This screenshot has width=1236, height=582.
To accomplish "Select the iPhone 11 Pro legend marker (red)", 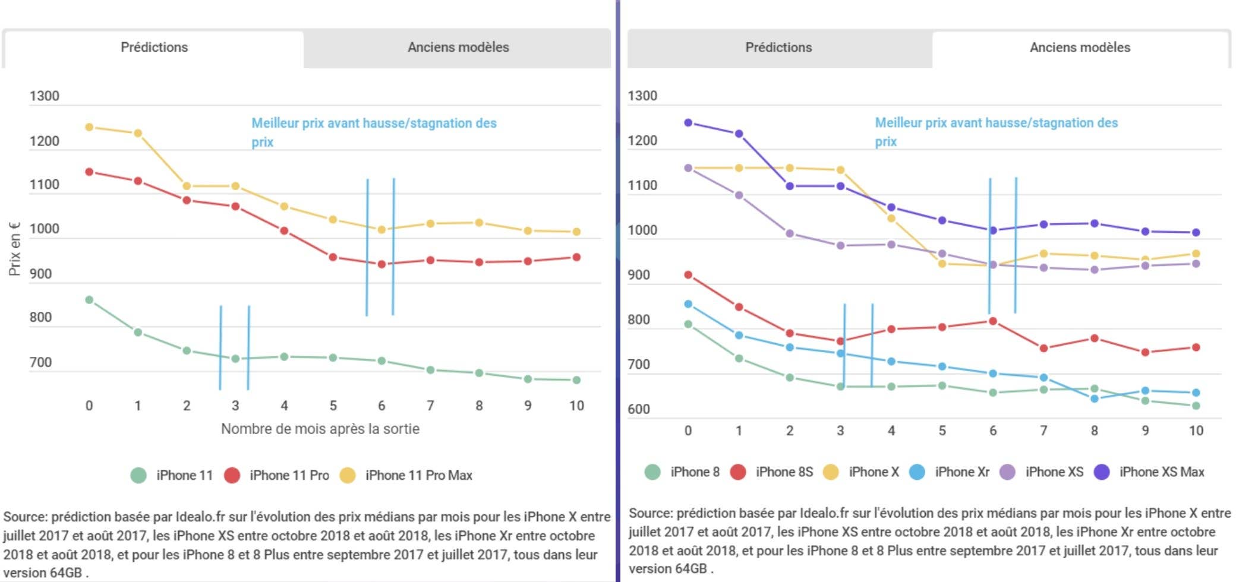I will [x=232, y=475].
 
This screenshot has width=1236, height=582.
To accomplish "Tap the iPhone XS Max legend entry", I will [x=1149, y=472].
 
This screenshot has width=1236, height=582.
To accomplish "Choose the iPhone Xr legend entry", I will [x=950, y=472].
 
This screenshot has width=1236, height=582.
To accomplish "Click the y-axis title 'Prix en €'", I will [x=14, y=249].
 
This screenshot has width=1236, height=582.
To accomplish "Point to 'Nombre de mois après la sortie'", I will [x=320, y=429].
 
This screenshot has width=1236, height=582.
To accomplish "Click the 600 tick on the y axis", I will [x=639, y=409].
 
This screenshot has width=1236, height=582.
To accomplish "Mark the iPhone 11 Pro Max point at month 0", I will [x=89, y=127].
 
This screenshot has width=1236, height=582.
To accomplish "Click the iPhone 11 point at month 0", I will [x=89, y=300].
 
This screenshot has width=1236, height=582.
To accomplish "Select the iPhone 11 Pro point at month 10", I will [x=576, y=257].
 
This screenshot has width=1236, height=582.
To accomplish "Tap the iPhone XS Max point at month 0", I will [x=688, y=123].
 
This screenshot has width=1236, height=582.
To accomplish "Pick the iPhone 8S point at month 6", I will [x=993, y=321].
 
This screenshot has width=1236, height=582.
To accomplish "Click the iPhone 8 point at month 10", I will [x=1196, y=406].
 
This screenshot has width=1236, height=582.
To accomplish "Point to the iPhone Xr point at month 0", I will [x=688, y=304].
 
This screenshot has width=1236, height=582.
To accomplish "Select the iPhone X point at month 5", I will [x=942, y=264].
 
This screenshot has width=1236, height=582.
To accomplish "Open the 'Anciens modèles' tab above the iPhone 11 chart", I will [x=458, y=48].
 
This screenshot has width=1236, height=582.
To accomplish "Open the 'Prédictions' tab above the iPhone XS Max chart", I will [x=778, y=48].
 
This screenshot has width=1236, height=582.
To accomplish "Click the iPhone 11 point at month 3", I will [x=235, y=359].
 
